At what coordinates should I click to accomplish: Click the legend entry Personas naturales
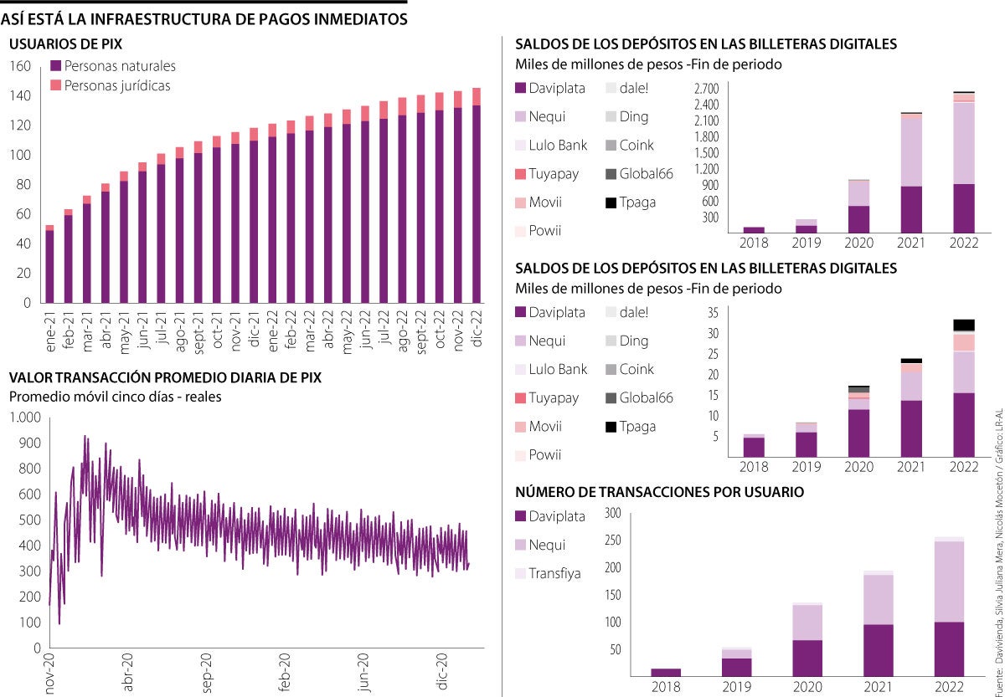click(x=120, y=66)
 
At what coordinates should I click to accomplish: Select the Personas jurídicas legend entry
click(x=116, y=85)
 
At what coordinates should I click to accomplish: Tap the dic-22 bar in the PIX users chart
click(x=477, y=201)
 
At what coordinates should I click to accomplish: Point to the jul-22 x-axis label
click(x=384, y=329)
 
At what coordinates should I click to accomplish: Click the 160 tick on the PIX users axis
click(x=20, y=67)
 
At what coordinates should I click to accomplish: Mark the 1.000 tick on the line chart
click(x=24, y=417)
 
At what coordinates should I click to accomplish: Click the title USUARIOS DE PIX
click(x=66, y=44)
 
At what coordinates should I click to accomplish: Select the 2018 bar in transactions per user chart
click(x=666, y=671)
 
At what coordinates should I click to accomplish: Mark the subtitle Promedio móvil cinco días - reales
click(x=116, y=397)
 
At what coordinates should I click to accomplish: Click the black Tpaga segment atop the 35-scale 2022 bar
click(x=963, y=325)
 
